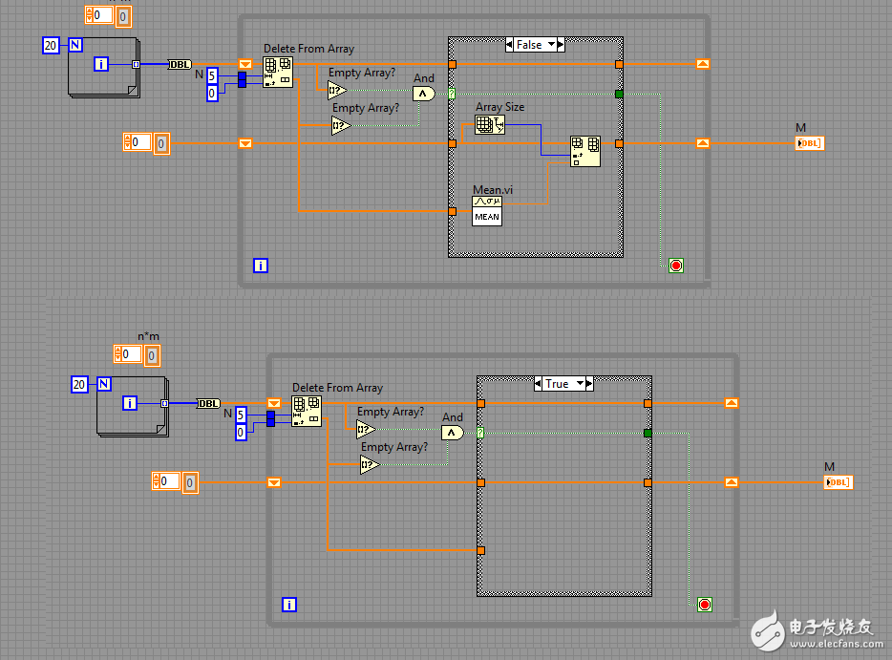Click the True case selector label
(x=557, y=383)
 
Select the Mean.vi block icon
(x=487, y=209)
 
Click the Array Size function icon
(x=489, y=124)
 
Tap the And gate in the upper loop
(x=424, y=94)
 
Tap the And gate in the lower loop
(x=453, y=433)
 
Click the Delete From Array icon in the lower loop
(x=307, y=411)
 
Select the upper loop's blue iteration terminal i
(x=261, y=266)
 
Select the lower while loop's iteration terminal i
(x=289, y=604)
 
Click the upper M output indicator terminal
(x=809, y=143)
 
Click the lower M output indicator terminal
(x=838, y=482)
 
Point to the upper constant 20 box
(x=52, y=45)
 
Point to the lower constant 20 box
(x=80, y=384)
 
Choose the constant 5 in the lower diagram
(x=241, y=414)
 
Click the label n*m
(x=149, y=336)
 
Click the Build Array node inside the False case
(x=585, y=151)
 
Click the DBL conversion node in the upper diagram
(x=181, y=64)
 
